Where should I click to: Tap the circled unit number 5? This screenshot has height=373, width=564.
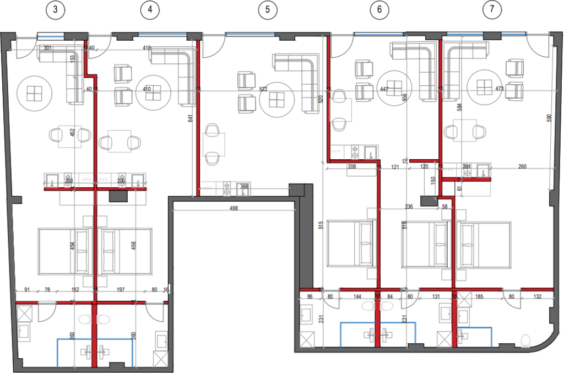pos(268,9)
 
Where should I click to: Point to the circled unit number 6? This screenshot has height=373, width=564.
pos(379,9)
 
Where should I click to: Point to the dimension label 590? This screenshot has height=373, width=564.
pos(548,118)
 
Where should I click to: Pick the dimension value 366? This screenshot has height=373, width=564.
pos(243,187)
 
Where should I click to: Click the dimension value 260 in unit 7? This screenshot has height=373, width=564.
pos(522,166)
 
